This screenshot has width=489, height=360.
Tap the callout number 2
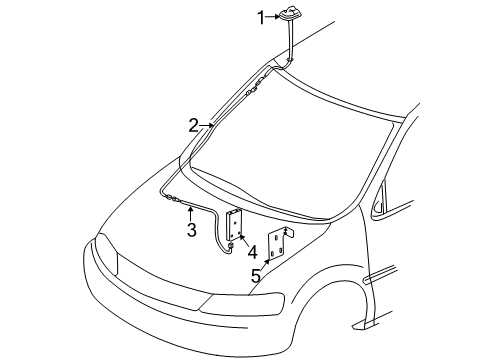(194, 125)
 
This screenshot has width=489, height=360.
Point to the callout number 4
(252, 252)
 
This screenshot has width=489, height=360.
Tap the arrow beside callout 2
(207, 125)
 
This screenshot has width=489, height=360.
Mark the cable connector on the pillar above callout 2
(257, 84)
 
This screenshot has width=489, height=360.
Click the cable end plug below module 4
(229, 245)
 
